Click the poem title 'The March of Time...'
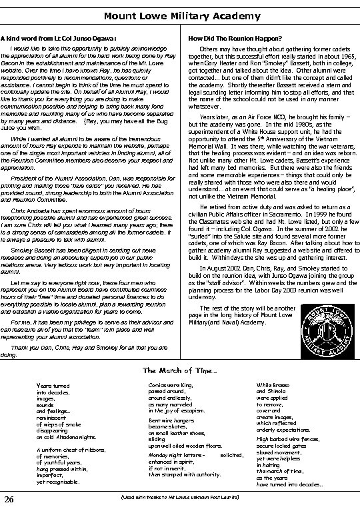[x=179, y=370]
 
